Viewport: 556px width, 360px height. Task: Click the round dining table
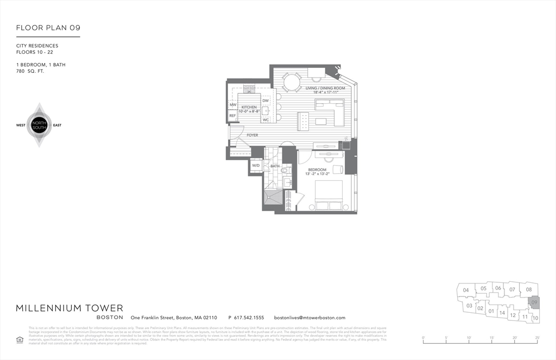(292, 82)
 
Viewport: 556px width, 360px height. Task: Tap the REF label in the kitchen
(232, 116)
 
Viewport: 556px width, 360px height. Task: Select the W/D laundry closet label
(256, 166)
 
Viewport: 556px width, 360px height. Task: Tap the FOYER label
(252, 135)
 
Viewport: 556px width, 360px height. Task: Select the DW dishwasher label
(266, 100)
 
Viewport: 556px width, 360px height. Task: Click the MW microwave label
(232, 105)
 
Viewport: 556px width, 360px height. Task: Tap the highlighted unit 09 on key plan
(534, 302)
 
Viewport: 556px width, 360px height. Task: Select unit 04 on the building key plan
(465, 290)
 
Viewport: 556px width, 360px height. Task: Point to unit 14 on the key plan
(502, 312)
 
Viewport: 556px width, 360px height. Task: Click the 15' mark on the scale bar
(491, 338)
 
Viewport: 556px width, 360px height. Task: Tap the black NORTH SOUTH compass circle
(39, 125)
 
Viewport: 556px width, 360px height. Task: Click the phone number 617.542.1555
(246, 318)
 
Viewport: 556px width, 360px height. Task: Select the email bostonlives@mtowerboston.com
(309, 318)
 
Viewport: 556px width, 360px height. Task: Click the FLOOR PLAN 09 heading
(48, 28)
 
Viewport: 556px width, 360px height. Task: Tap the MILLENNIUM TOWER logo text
(69, 308)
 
